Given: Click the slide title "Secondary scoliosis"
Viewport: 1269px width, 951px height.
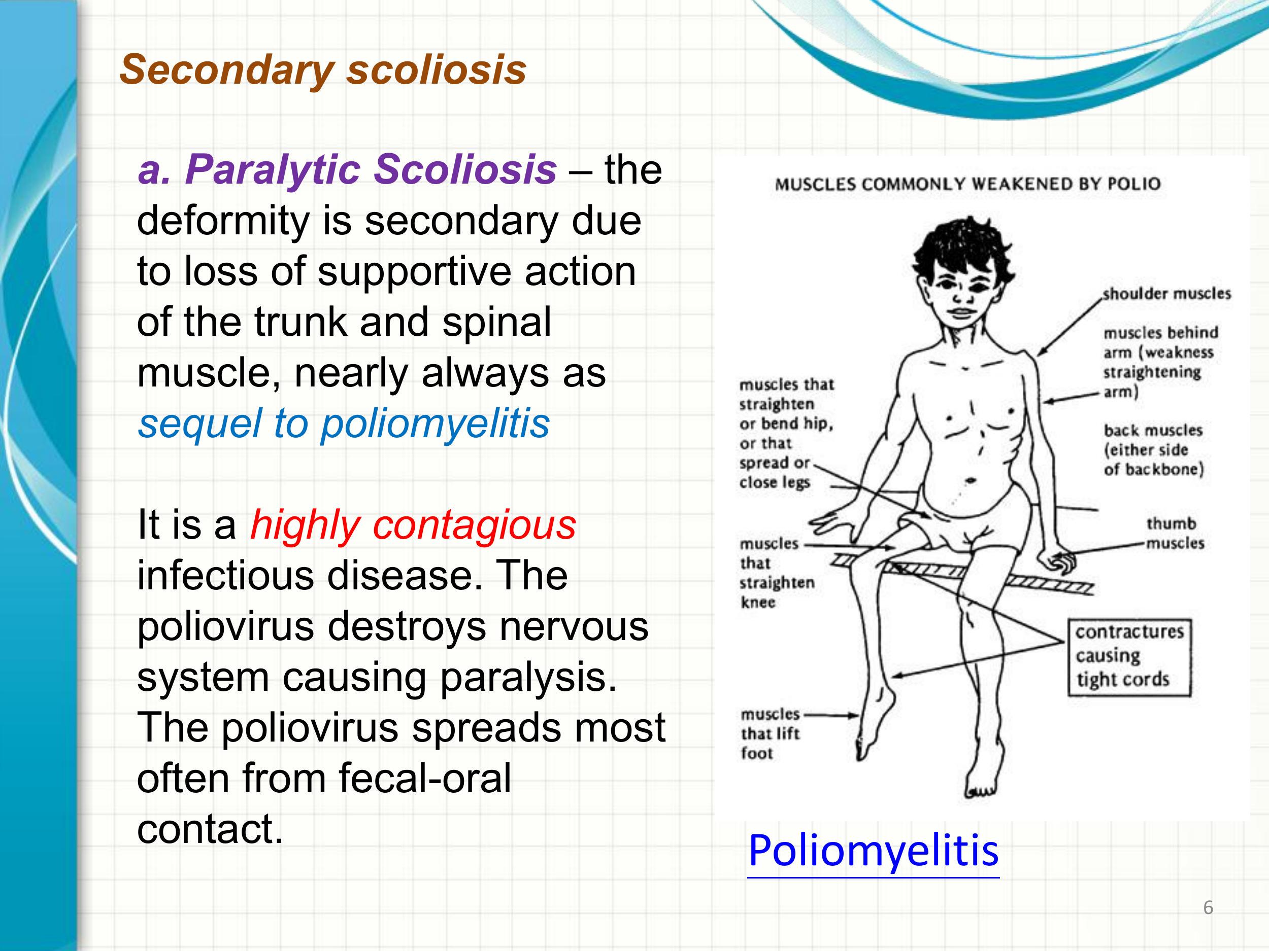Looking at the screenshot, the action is click(x=322, y=70).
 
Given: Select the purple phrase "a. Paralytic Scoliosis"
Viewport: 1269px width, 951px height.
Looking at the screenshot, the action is click(x=347, y=170).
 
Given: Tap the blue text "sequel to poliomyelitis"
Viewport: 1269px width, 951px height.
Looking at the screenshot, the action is click(x=344, y=424).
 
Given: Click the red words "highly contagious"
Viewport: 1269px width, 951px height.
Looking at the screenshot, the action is click(x=413, y=525).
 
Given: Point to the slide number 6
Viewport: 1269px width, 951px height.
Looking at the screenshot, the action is click(x=1208, y=907).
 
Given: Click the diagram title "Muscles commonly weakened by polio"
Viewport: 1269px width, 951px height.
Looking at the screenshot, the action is click(x=967, y=184).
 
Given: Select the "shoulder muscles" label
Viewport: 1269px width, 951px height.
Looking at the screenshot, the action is click(x=1167, y=294).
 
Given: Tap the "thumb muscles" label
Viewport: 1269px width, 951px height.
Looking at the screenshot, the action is click(x=1175, y=533).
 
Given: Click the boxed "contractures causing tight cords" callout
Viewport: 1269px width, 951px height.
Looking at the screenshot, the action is click(x=1129, y=657).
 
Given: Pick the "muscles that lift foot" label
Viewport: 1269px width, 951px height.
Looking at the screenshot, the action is click(x=770, y=734).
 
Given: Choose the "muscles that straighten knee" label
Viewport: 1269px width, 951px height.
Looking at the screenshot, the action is click(x=777, y=573).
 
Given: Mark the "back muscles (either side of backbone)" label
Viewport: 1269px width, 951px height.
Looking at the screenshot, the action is click(x=1153, y=450).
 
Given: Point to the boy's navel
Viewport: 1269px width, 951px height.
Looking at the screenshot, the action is click(x=971, y=480).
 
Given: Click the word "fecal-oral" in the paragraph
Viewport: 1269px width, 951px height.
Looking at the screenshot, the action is click(x=424, y=779).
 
